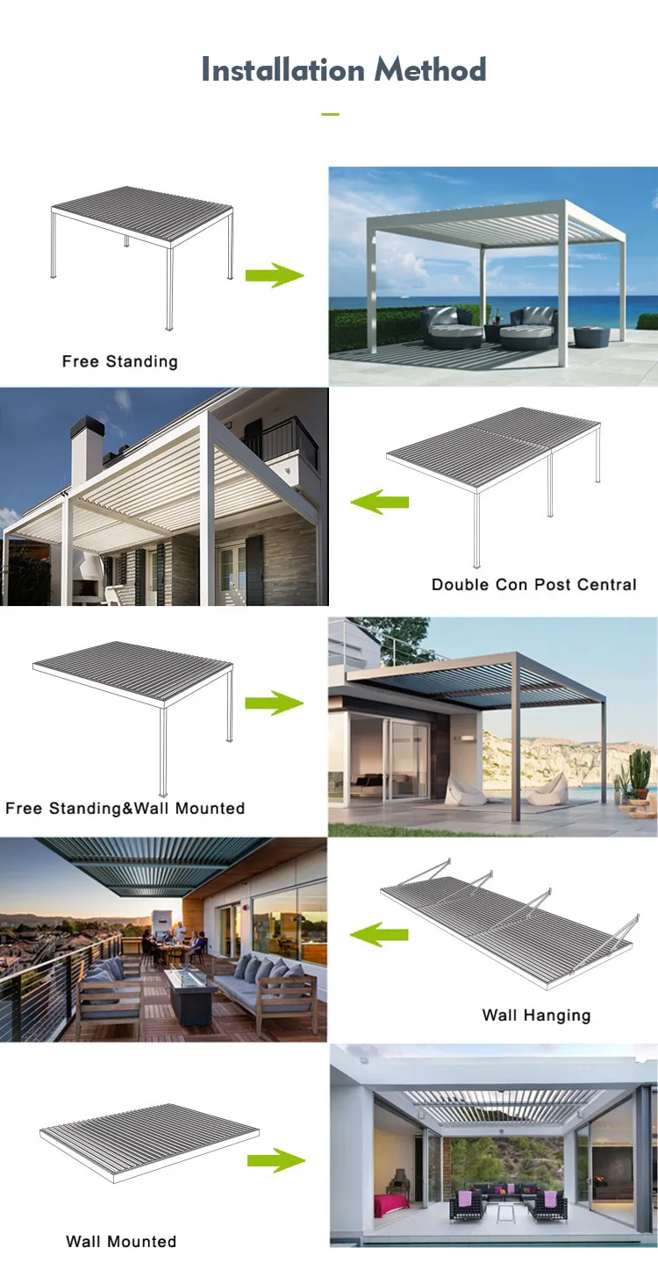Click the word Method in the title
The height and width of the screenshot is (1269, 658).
point(431,70)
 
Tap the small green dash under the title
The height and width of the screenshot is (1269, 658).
point(330,114)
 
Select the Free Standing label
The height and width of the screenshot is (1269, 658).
point(119,361)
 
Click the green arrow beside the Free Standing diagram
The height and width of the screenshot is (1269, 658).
point(274,276)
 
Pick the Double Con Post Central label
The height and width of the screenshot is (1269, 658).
point(533,584)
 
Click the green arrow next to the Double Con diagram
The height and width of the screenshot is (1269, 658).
point(380,502)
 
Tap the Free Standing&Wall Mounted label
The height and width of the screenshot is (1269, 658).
point(125,808)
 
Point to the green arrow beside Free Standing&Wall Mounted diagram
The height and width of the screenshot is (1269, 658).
point(274,702)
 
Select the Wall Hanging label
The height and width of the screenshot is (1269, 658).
point(536,1016)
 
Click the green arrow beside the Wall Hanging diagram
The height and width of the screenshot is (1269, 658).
point(380,935)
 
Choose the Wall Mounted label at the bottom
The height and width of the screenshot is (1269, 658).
point(121,1241)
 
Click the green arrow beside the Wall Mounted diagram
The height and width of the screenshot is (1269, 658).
point(275,1160)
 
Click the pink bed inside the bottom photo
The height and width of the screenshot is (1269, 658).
point(390,1204)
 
